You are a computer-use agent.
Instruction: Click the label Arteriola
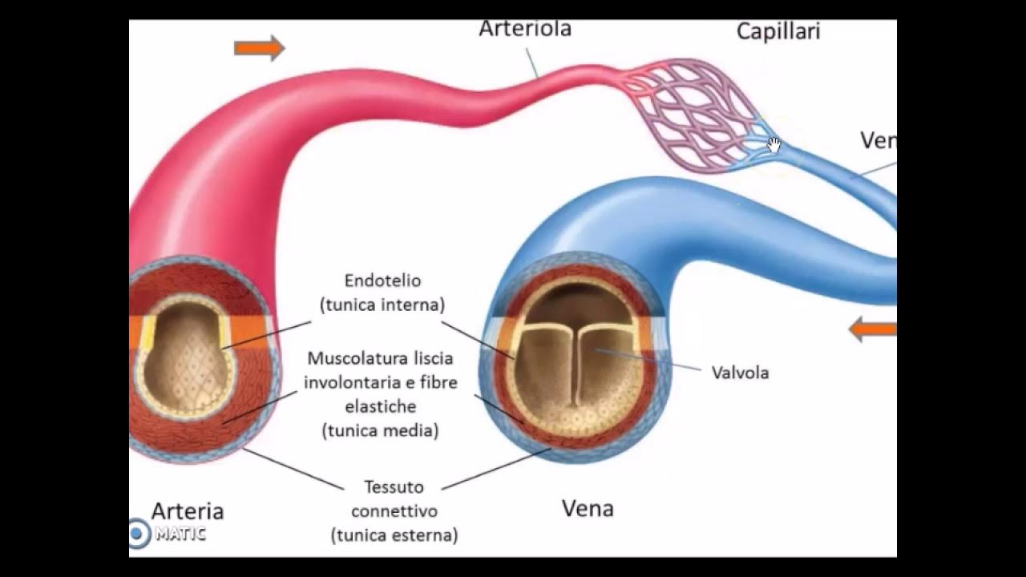[x=525, y=29]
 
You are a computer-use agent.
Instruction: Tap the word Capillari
[x=778, y=32]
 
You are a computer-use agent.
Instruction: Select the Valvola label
[x=740, y=373]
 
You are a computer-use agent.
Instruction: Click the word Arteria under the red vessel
[x=188, y=510]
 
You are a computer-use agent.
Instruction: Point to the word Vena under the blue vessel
[x=588, y=508]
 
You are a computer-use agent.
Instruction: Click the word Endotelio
[x=382, y=281]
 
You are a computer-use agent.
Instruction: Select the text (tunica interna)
[x=382, y=305]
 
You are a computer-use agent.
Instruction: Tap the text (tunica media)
[x=380, y=430]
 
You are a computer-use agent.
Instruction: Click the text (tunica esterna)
[x=394, y=535]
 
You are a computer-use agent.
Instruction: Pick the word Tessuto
[x=394, y=486]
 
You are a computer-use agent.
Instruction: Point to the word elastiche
[x=380, y=406]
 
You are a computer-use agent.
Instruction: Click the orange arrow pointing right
[x=259, y=48]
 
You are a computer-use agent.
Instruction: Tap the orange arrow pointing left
[x=872, y=329]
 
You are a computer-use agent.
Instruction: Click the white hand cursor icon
[x=774, y=145]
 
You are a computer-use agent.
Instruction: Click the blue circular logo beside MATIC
[x=139, y=533]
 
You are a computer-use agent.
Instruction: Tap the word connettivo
[x=394, y=510]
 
